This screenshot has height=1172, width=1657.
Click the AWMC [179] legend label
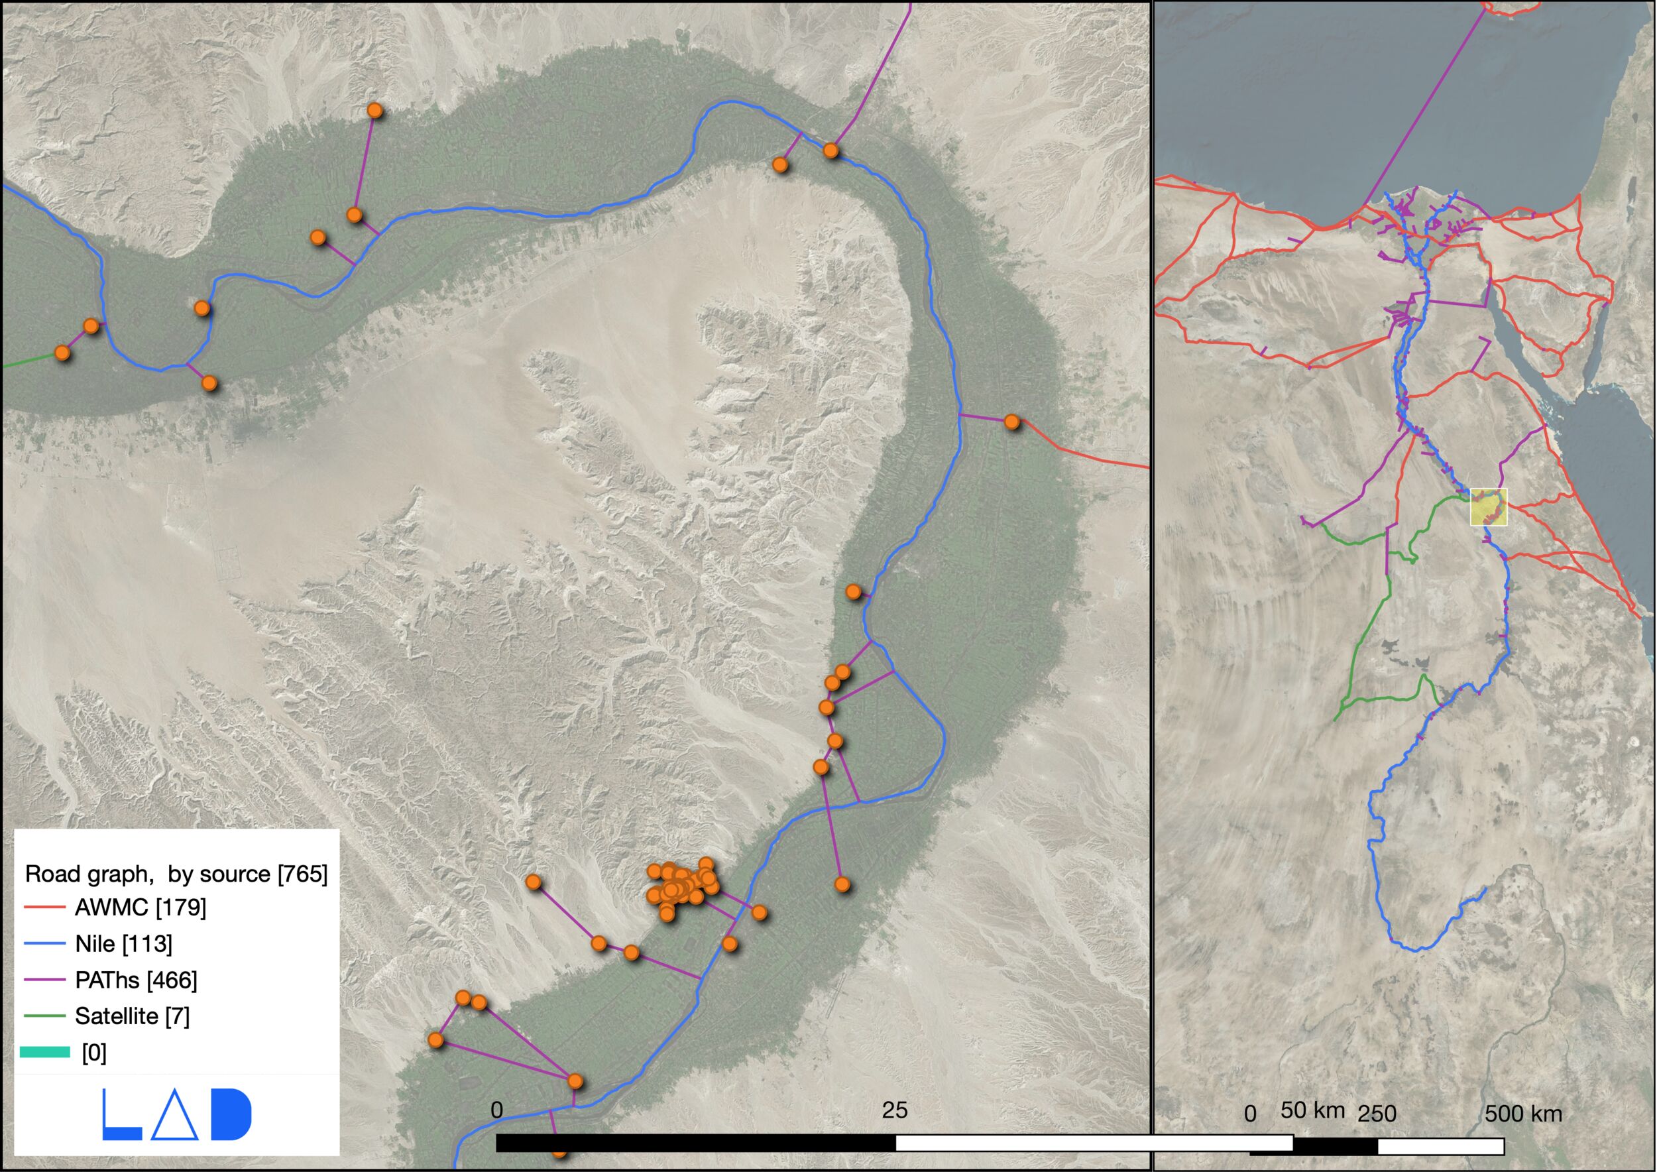pyautogui.click(x=140, y=907)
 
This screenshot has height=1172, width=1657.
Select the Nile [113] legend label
pyautogui.click(x=123, y=943)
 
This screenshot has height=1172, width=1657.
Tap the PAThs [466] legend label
pyautogui.click(x=136, y=979)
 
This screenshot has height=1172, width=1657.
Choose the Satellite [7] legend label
pyautogui.click(x=132, y=1016)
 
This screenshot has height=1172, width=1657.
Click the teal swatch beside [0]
pyautogui.click(x=45, y=1052)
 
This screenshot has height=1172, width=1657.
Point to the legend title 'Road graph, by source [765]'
pyautogui.click(x=176, y=874)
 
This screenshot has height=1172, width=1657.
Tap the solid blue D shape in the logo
pyautogui.click(x=231, y=1114)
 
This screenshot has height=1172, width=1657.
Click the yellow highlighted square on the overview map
pyautogui.click(x=1489, y=506)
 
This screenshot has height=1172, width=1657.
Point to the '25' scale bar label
pyautogui.click(x=894, y=1110)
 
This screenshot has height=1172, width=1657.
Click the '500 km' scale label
pyautogui.click(x=1522, y=1114)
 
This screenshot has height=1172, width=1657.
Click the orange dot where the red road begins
pyautogui.click(x=1012, y=422)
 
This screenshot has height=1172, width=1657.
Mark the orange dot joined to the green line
pyautogui.click(x=63, y=353)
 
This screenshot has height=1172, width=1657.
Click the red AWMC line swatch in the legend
pyautogui.click(x=45, y=907)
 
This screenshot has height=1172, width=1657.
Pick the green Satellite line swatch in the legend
pyautogui.click(x=45, y=1016)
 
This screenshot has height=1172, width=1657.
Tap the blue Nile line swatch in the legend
pyautogui.click(x=45, y=943)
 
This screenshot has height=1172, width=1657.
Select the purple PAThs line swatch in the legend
pyautogui.click(x=45, y=979)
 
